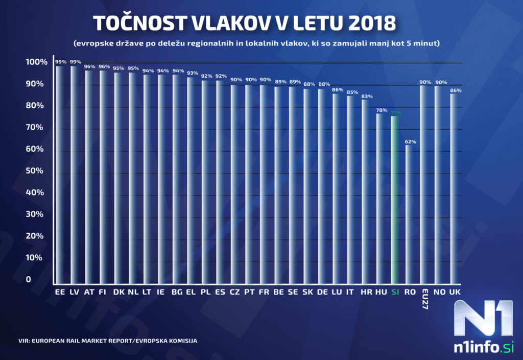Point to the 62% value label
point(411,141)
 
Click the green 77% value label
point(396,112)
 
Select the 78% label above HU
point(382,110)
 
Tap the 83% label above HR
point(367,96)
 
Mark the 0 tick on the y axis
point(29,279)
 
